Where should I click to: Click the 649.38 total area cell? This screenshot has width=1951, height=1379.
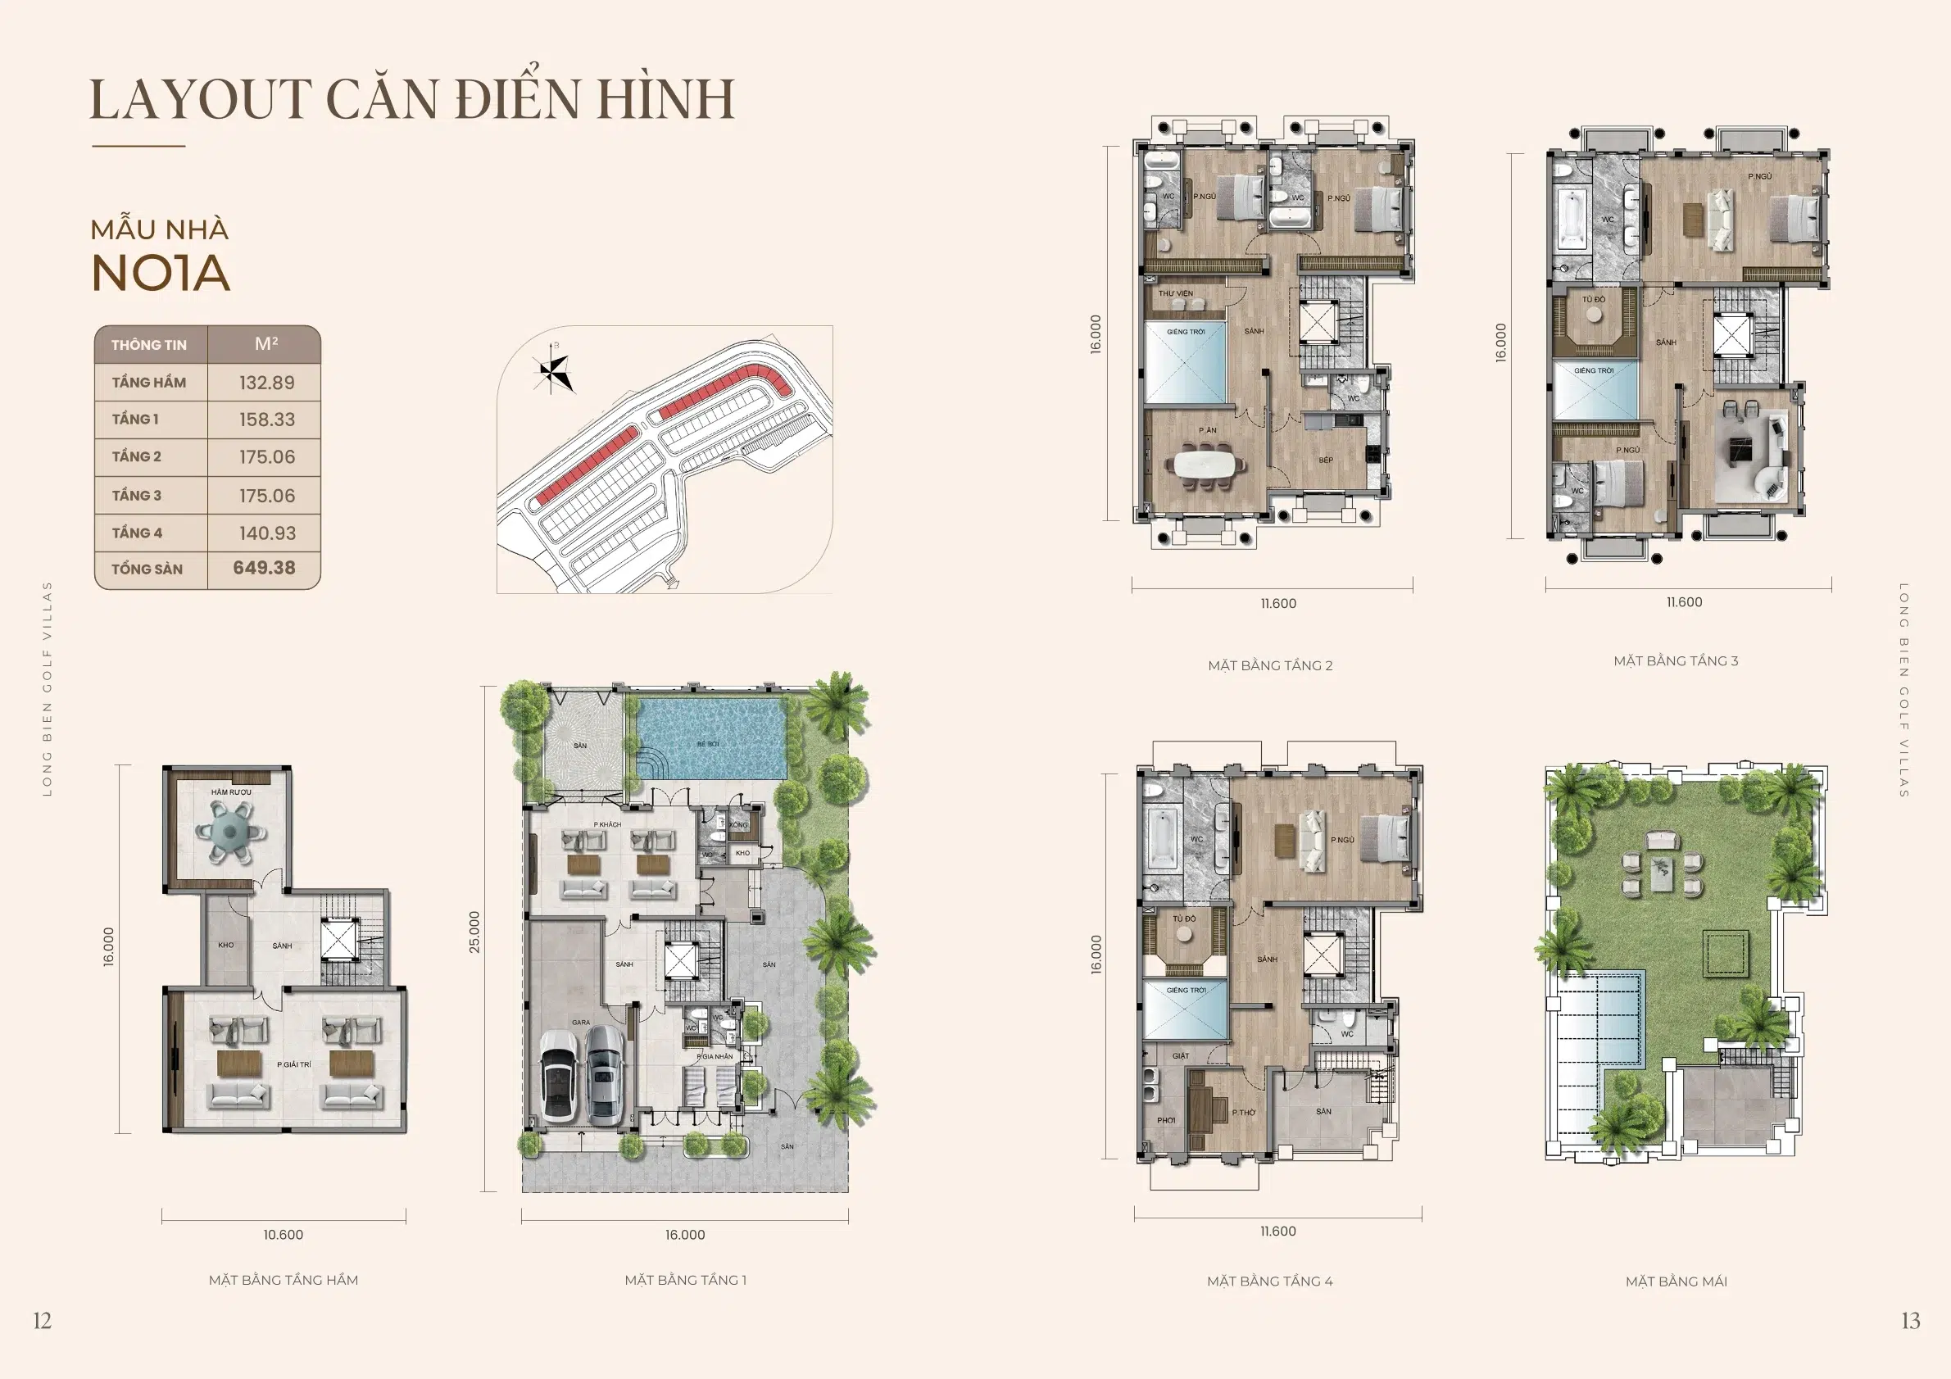(x=265, y=568)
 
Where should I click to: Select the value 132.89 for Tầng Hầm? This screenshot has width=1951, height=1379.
(x=267, y=383)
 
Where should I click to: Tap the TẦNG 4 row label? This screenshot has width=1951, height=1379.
(x=137, y=533)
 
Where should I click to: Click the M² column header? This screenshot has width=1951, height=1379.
(x=266, y=344)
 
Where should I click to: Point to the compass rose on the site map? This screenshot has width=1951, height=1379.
(x=554, y=370)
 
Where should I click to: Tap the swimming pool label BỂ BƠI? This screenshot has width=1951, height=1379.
(x=708, y=744)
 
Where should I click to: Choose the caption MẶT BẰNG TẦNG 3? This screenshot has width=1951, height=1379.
(x=1676, y=660)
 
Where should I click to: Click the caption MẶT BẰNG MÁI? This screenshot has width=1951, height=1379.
(x=1676, y=1281)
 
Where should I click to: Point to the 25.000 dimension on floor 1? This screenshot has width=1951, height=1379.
(x=474, y=932)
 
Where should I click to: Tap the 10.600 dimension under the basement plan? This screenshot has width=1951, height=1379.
(x=283, y=1235)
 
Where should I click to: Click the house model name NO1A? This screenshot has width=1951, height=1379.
(x=161, y=274)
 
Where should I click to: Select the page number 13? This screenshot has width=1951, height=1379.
(x=1910, y=1320)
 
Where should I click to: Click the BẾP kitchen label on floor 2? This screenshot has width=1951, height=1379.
(x=1326, y=460)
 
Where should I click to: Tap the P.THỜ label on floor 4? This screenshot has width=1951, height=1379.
(x=1244, y=1112)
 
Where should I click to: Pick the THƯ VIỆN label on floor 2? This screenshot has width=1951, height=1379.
(x=1176, y=294)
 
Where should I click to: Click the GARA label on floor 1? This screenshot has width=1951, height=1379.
(x=580, y=1022)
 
